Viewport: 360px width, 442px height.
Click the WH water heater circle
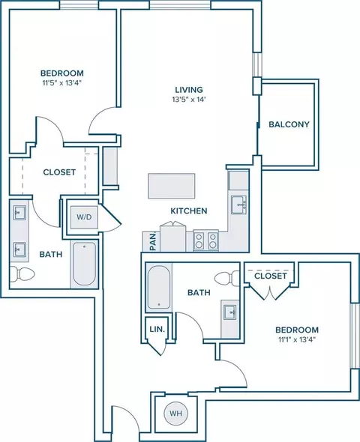(x=175, y=414)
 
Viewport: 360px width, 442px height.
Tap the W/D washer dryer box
(x=84, y=217)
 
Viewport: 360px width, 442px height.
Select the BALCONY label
(x=289, y=124)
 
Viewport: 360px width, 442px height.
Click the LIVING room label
(x=189, y=90)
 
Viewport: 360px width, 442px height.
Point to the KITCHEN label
(x=189, y=211)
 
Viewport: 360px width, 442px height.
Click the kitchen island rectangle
(x=172, y=186)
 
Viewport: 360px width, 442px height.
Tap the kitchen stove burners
(x=205, y=240)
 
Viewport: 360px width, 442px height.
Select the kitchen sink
(x=238, y=205)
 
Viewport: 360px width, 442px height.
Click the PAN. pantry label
(x=153, y=241)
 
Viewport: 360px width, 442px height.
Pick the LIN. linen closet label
(x=157, y=329)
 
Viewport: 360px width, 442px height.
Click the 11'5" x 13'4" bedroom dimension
(x=62, y=83)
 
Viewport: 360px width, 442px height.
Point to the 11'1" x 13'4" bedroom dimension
(x=297, y=339)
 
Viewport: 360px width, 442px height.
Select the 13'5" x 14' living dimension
(x=189, y=100)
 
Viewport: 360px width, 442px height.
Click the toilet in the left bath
(x=22, y=273)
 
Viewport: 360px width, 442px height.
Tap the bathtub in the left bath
(x=84, y=264)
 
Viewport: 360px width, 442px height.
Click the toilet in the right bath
(x=226, y=279)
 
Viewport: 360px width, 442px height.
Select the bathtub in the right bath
(x=159, y=288)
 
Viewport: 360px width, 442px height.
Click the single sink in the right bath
(x=230, y=312)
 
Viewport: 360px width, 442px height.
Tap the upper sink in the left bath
(x=19, y=213)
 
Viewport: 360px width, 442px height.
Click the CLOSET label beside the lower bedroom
(x=271, y=276)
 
